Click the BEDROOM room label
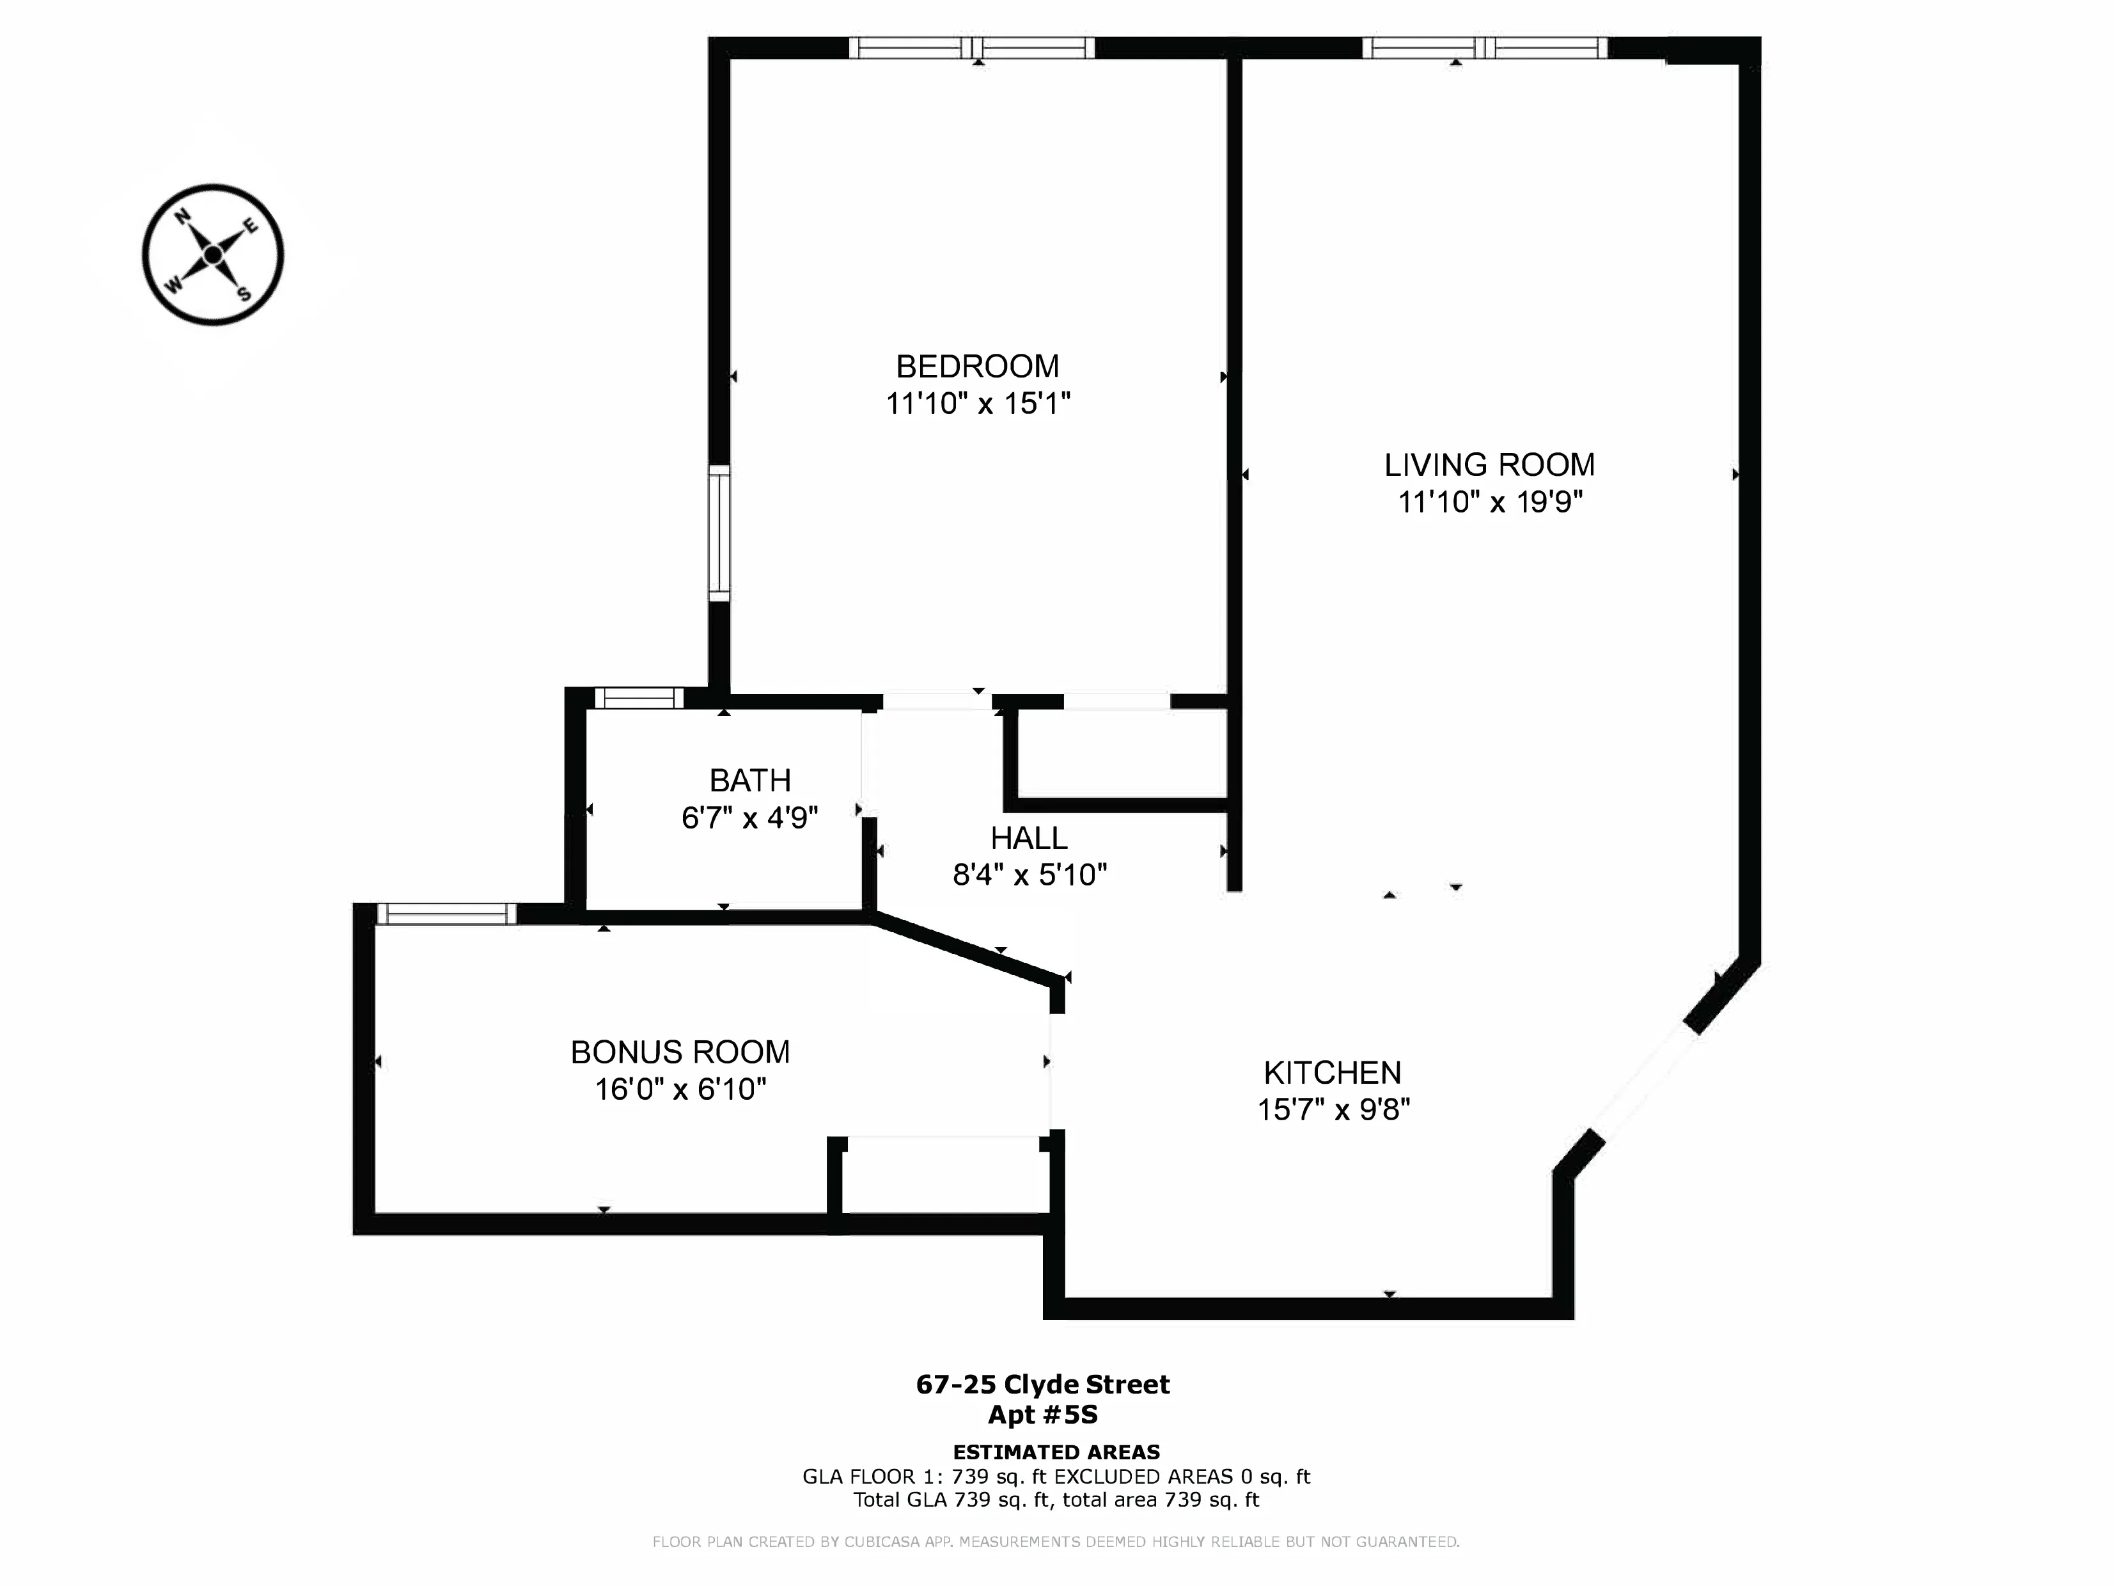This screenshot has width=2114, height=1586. click(x=976, y=366)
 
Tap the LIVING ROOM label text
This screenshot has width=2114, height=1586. click(x=1489, y=464)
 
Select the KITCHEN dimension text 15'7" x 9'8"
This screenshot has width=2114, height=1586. click(x=1333, y=1109)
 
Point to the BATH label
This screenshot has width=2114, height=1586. click(x=749, y=780)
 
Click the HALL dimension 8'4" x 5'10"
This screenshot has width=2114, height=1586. click(x=1030, y=874)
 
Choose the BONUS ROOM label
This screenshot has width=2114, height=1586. click(x=680, y=1052)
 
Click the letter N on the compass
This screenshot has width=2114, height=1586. click(x=182, y=217)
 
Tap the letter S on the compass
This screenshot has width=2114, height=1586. click(x=245, y=294)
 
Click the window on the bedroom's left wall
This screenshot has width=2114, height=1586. click(x=719, y=532)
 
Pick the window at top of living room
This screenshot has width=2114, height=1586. click(x=1484, y=48)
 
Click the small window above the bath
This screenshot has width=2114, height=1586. click(x=638, y=698)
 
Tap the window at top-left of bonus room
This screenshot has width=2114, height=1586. click(x=446, y=914)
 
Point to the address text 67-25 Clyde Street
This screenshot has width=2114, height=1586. click(x=1042, y=1384)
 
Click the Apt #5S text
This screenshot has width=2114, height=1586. click(x=1042, y=1414)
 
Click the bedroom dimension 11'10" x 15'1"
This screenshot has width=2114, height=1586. click(x=976, y=404)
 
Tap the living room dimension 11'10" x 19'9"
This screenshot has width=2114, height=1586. click(x=1489, y=502)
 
